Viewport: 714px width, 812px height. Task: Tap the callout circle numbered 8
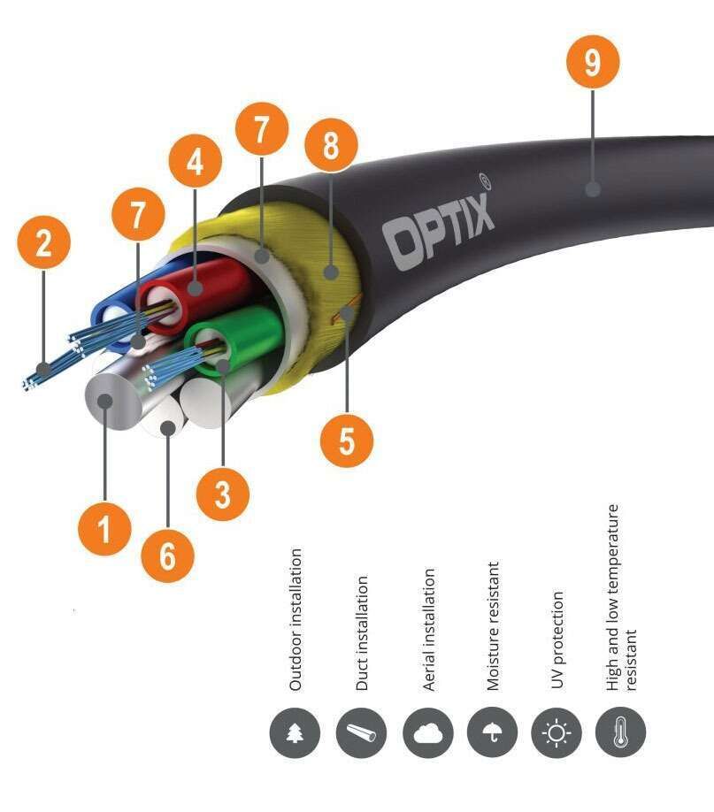pyautogui.click(x=329, y=146)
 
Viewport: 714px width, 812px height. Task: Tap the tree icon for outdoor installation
pyautogui.click(x=296, y=733)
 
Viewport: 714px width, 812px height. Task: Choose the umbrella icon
pyautogui.click(x=493, y=733)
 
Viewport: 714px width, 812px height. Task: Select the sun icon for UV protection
pyautogui.click(x=558, y=733)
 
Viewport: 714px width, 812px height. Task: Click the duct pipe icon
pyautogui.click(x=361, y=733)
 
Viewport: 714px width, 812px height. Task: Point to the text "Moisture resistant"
pyautogui.click(x=494, y=624)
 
